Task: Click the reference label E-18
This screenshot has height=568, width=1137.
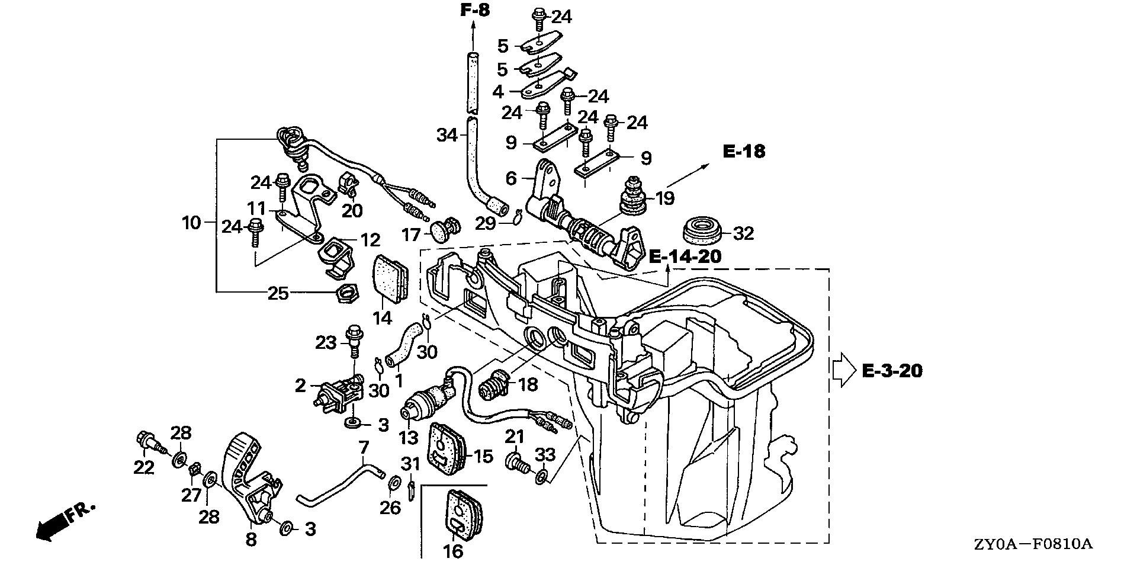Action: pos(744,152)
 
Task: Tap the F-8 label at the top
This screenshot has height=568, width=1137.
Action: pos(475,10)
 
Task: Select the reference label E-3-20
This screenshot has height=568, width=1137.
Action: pos(892,371)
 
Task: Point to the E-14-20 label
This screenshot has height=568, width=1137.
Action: pos(686,256)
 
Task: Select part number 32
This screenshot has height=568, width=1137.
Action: pos(743,234)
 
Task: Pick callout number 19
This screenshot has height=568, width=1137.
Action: pos(664,198)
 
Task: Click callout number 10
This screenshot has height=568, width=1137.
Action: pos(191,223)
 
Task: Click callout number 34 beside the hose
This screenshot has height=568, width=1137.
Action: pos(447,136)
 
